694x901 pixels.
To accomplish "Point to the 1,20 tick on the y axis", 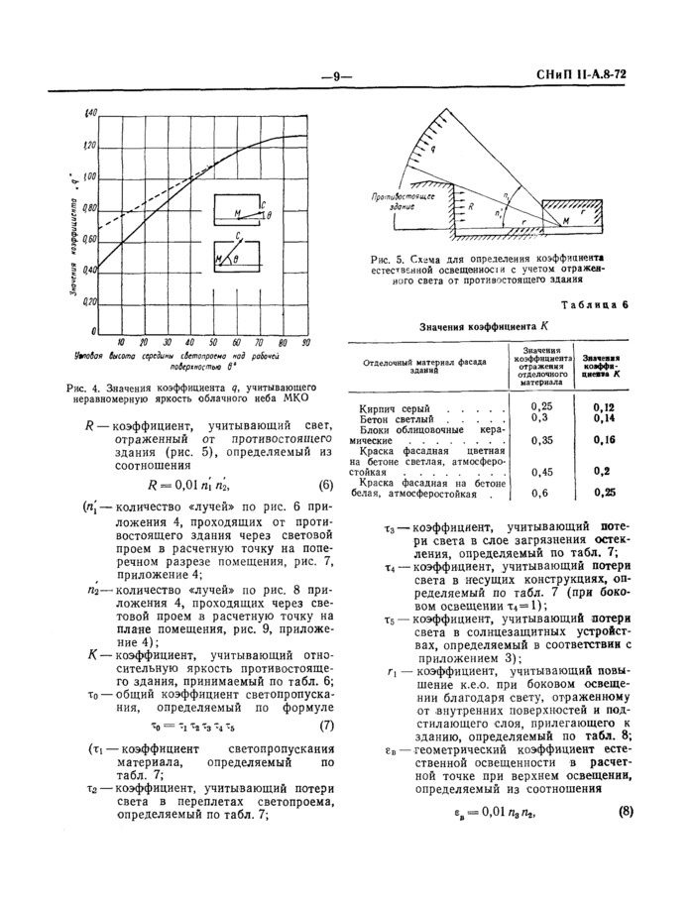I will [90, 147].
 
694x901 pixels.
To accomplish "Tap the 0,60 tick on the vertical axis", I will [90, 239].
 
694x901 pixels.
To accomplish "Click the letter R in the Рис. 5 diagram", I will [471, 208].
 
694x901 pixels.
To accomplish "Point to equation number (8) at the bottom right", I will [625, 814].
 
